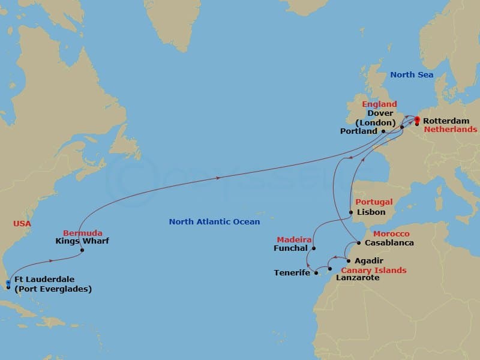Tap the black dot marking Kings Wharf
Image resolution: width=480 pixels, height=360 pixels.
82,250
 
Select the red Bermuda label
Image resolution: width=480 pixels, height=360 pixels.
83,233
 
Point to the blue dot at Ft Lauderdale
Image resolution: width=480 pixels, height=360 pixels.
8,283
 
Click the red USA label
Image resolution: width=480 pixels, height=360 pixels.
22,224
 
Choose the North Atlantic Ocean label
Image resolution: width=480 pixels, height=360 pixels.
214,222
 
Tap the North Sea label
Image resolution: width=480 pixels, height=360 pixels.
412,75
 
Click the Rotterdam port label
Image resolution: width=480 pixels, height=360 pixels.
445,121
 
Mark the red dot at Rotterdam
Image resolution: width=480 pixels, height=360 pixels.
417,119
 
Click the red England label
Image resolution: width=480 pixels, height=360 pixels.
379,104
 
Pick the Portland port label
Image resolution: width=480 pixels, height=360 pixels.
358,131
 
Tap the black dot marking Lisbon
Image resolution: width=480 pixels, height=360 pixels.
351,212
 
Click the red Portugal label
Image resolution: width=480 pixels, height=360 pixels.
374,202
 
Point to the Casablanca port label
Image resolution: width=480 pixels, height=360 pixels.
389,243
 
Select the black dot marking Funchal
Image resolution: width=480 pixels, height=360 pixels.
313,248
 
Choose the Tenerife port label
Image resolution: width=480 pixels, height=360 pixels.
292,273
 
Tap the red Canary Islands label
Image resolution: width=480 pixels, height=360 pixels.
374,270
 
